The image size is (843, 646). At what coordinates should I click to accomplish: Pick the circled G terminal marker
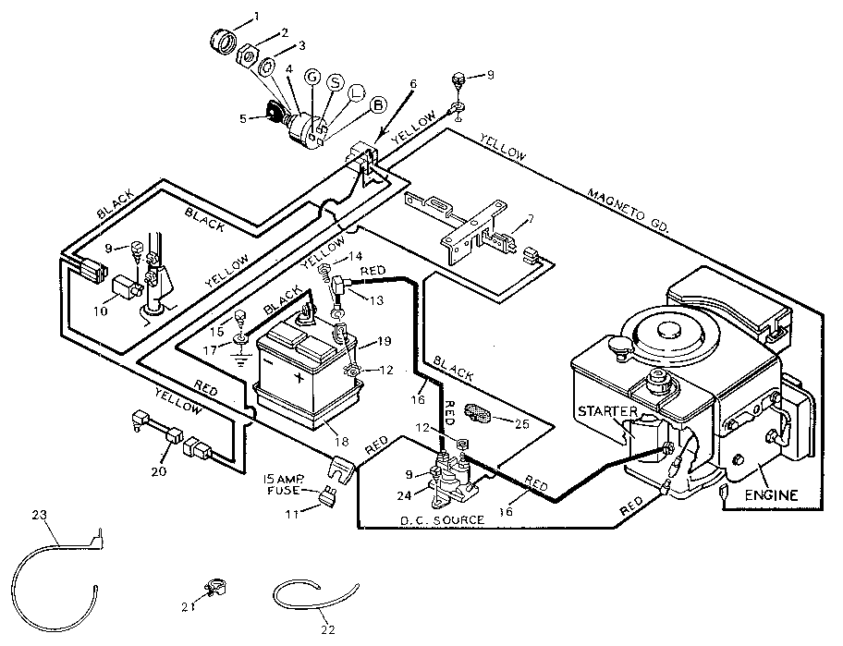[x=312, y=79]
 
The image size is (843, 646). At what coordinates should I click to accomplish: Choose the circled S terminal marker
[x=335, y=82]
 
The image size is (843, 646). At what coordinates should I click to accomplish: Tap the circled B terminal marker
[x=377, y=105]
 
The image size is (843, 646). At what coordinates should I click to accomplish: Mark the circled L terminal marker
[x=356, y=92]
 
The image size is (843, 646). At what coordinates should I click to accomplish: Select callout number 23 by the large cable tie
[x=38, y=515]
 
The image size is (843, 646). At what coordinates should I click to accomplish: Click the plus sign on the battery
[x=299, y=378]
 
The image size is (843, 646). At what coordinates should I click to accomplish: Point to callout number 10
[x=100, y=311]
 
